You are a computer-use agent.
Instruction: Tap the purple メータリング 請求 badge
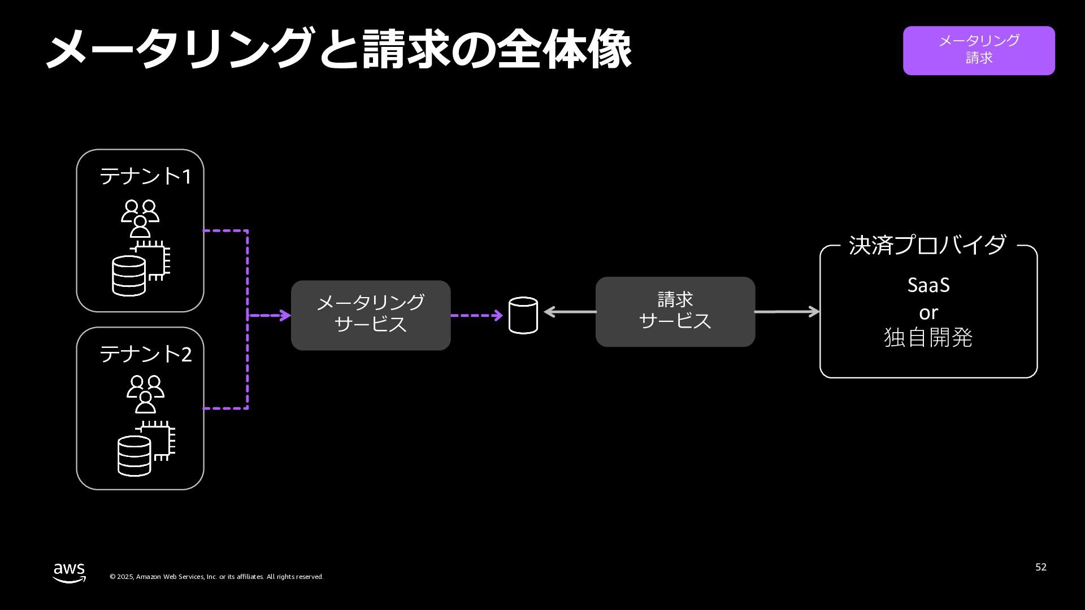point(979,50)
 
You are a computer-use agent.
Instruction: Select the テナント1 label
point(145,177)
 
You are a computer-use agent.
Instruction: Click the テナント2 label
point(145,354)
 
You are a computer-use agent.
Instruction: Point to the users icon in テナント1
point(140,218)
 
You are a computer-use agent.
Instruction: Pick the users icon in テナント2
point(145,394)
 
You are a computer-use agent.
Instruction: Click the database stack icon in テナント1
point(129,276)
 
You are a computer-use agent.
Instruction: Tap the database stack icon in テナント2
point(134,455)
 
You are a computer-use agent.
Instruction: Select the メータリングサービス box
point(371,315)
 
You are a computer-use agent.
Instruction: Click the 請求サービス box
point(675,311)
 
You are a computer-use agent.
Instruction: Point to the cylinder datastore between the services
point(523,316)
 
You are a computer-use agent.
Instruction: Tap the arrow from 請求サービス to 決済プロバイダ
point(787,311)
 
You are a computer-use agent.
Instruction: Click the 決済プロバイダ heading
point(927,246)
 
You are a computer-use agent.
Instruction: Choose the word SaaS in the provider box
point(928,285)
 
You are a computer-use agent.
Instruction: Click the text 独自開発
point(928,338)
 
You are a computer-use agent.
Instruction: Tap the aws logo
point(70,572)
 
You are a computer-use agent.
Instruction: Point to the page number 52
point(1041,567)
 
